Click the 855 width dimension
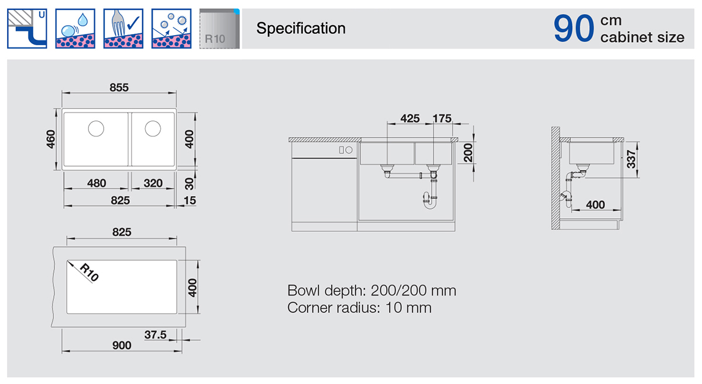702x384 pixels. (x=119, y=87)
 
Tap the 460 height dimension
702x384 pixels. (x=51, y=139)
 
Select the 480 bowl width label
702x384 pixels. (x=97, y=183)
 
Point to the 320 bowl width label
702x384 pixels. (x=153, y=183)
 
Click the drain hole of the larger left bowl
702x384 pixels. (x=96, y=129)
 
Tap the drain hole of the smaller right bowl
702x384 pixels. (x=153, y=129)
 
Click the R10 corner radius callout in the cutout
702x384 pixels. (x=90, y=273)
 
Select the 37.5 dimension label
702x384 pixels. (x=156, y=335)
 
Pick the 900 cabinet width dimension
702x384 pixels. (x=122, y=345)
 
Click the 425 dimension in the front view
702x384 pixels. (x=410, y=118)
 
